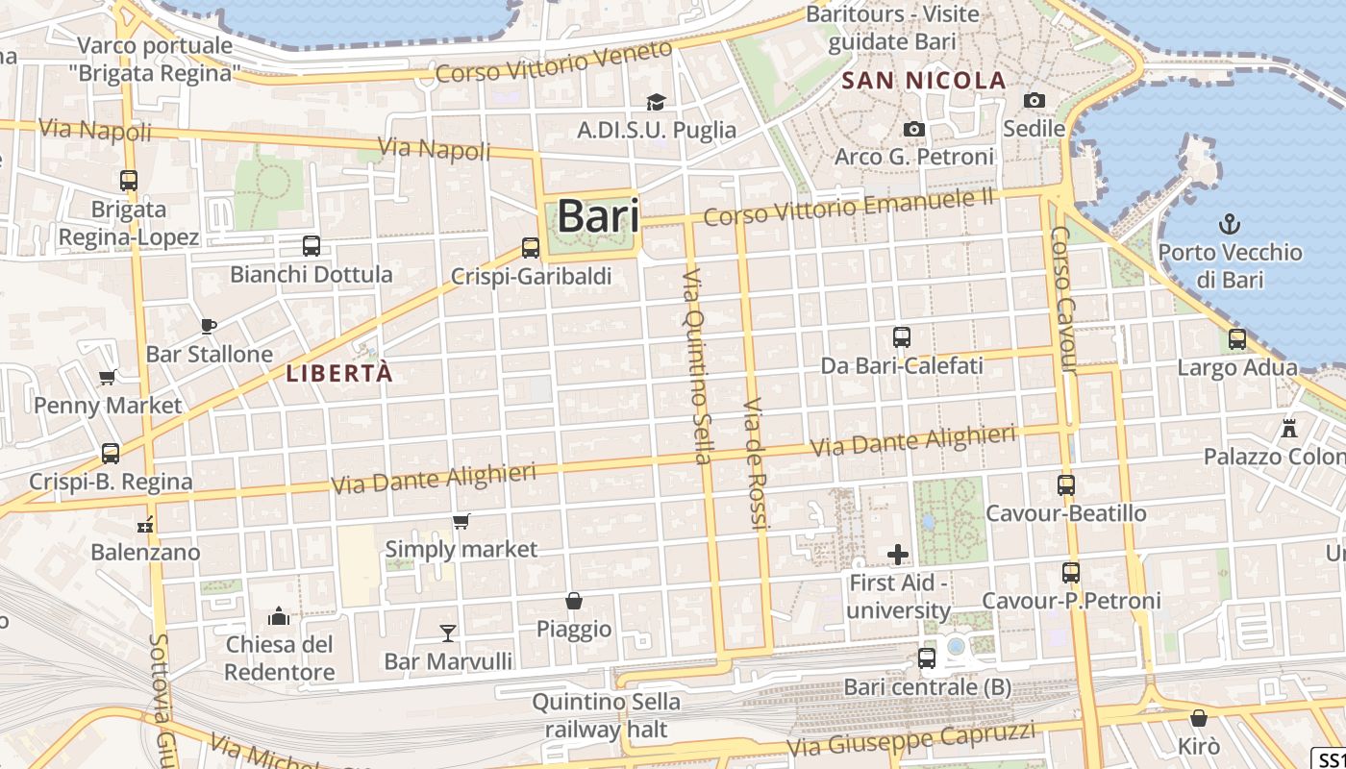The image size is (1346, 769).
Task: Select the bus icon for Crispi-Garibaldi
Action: tap(530, 248)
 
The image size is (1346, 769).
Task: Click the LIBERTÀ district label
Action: tap(339, 374)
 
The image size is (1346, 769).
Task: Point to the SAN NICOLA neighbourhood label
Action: tap(924, 81)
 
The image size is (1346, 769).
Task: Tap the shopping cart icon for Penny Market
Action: tap(108, 378)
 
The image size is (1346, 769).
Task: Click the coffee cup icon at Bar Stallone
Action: tap(209, 326)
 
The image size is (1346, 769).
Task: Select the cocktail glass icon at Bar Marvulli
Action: tap(448, 633)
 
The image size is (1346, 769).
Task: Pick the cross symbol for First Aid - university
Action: tap(898, 555)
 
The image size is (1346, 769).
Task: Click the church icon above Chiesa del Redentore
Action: tap(279, 615)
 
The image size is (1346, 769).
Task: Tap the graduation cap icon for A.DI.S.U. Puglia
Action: tap(656, 102)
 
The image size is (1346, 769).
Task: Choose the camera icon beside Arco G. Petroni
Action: tap(914, 129)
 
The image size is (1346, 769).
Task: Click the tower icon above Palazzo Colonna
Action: tap(1289, 428)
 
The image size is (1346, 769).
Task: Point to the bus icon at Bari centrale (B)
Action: tap(927, 658)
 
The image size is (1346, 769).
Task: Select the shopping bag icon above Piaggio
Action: tap(574, 601)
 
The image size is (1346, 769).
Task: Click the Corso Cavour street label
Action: tap(1063, 299)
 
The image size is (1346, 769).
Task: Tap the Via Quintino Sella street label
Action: tap(696, 365)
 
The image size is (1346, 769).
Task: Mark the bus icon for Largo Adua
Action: tap(1237, 339)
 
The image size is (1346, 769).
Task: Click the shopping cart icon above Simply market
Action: tap(461, 522)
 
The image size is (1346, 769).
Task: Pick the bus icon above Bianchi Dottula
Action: tap(312, 246)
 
